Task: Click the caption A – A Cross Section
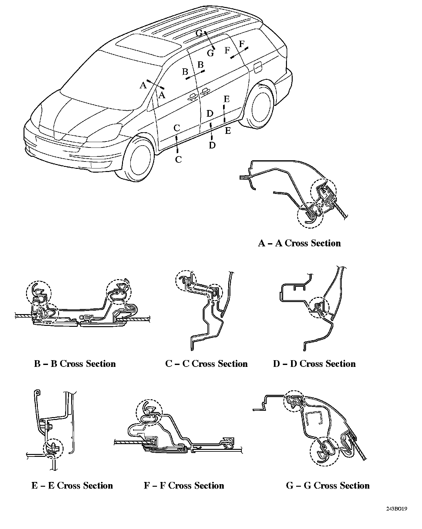pos(299,243)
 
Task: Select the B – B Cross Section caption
pos(75,364)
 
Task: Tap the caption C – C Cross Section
pos(206,364)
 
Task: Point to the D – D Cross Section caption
pos(314,364)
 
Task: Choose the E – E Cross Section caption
pos(72,486)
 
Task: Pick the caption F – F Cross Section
pos(184,486)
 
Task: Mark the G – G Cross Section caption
pos(328,486)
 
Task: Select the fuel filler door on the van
pos(257,67)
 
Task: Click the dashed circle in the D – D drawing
pos(319,307)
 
